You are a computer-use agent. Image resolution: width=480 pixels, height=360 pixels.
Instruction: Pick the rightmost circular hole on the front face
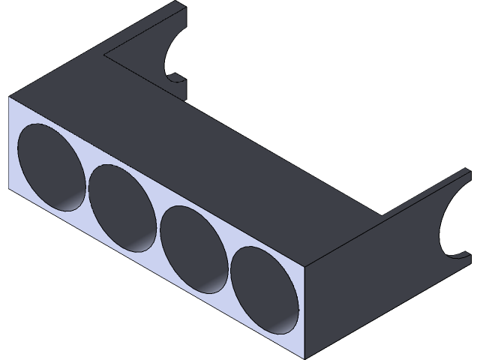click(x=264, y=288)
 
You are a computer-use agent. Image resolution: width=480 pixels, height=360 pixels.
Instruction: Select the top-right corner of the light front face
click(x=307, y=267)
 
